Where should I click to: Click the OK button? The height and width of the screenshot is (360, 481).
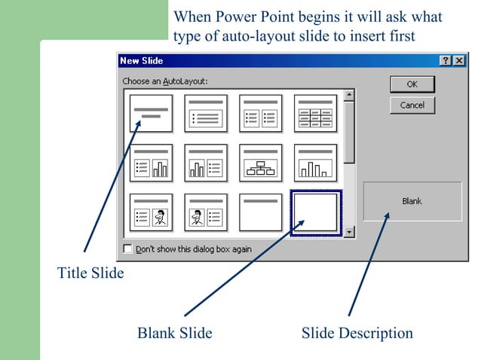[412, 84]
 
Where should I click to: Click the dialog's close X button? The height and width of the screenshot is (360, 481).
[459, 60]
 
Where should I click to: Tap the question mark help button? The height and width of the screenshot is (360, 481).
[446, 60]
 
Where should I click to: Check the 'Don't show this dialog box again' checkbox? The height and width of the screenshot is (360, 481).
[127, 249]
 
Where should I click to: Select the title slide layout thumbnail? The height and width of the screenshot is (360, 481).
[152, 114]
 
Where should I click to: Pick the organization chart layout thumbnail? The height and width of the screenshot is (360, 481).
[260, 163]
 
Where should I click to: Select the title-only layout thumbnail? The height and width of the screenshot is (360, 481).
[260, 212]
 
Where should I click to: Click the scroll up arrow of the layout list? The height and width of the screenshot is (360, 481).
[349, 95]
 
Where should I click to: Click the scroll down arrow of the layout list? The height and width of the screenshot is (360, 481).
[349, 232]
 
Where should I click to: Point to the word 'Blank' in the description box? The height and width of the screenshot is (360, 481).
[412, 201]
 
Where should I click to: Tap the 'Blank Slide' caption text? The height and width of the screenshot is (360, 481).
[174, 333]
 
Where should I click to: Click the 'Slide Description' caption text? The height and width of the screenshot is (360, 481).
[357, 333]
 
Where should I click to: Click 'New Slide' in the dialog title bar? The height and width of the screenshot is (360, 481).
[142, 60]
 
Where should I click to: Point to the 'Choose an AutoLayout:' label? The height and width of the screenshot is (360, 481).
[164, 81]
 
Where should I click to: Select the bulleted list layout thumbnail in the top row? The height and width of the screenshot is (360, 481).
[206, 114]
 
